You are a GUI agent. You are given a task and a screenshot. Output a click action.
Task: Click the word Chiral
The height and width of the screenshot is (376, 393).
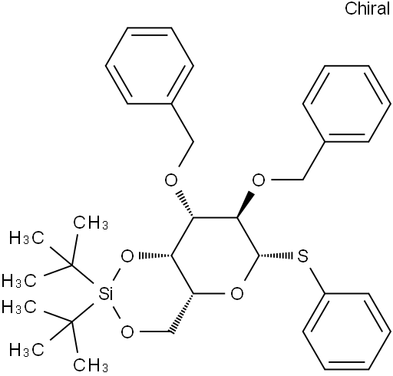pyautogui.click(x=367, y=8)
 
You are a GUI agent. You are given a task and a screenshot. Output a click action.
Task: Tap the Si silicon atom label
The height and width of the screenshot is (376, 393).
pyautogui.click(x=105, y=295)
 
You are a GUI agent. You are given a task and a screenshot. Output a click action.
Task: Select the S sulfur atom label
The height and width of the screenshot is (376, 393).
pyautogui.click(x=302, y=256)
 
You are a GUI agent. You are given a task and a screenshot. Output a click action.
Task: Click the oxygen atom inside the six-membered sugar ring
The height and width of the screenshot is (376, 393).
pyautogui.click(x=237, y=294)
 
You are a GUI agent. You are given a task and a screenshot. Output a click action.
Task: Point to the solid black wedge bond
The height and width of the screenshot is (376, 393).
pyautogui.click(x=246, y=205)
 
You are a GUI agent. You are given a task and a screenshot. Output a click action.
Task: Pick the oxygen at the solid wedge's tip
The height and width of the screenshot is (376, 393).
pyautogui.click(x=259, y=180)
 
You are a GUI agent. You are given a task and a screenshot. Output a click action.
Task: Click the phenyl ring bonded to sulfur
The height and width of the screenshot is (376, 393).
pyautogui.click(x=347, y=331)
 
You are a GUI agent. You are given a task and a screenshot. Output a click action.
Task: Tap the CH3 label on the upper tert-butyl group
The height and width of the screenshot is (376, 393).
pyautogui.click(x=91, y=223)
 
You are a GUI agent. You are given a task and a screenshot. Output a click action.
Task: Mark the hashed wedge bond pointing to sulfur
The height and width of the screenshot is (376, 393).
pyautogui.click(x=276, y=256)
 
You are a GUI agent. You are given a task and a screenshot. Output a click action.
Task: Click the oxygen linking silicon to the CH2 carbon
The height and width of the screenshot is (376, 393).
pyautogui.click(x=127, y=331)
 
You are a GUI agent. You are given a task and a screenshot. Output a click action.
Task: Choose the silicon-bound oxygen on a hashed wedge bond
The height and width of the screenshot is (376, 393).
pyautogui.click(x=127, y=256)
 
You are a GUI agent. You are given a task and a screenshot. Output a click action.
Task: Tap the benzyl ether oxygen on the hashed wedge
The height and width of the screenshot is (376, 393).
pyautogui.click(x=171, y=180)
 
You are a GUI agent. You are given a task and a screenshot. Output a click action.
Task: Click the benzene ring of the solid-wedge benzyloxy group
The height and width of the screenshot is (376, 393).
pyautogui.click(x=347, y=104)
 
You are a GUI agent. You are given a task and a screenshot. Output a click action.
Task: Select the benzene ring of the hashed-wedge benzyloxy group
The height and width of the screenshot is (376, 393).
pyautogui.click(x=150, y=65)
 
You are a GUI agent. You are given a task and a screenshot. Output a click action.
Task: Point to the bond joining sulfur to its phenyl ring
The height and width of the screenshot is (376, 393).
pyautogui.click(x=317, y=281)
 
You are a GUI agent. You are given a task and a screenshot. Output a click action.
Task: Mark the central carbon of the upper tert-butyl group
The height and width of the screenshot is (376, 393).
pyautogui.click(x=72, y=266)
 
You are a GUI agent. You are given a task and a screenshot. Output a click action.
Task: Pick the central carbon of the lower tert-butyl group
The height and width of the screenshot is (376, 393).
pyautogui.click(x=72, y=322)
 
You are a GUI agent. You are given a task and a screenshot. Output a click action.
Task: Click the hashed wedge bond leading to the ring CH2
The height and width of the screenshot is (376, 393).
pyautogui.click(x=183, y=312)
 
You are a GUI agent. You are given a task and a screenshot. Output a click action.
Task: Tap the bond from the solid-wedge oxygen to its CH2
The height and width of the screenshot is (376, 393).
pyautogui.click(x=287, y=180)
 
